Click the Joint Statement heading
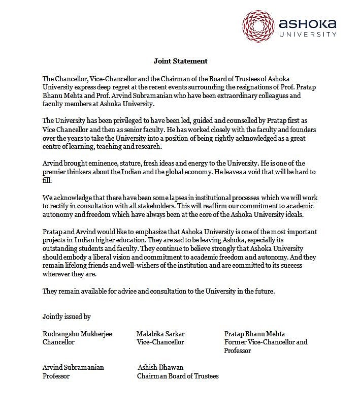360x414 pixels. point(180,61)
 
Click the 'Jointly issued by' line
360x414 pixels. point(67,316)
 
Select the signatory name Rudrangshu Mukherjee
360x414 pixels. point(77,334)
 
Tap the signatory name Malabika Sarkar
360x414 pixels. point(160,334)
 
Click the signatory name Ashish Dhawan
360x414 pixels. point(160,367)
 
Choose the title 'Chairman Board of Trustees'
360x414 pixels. point(178,376)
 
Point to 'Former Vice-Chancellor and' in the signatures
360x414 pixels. point(266,342)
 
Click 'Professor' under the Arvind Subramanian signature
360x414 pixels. point(56,376)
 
